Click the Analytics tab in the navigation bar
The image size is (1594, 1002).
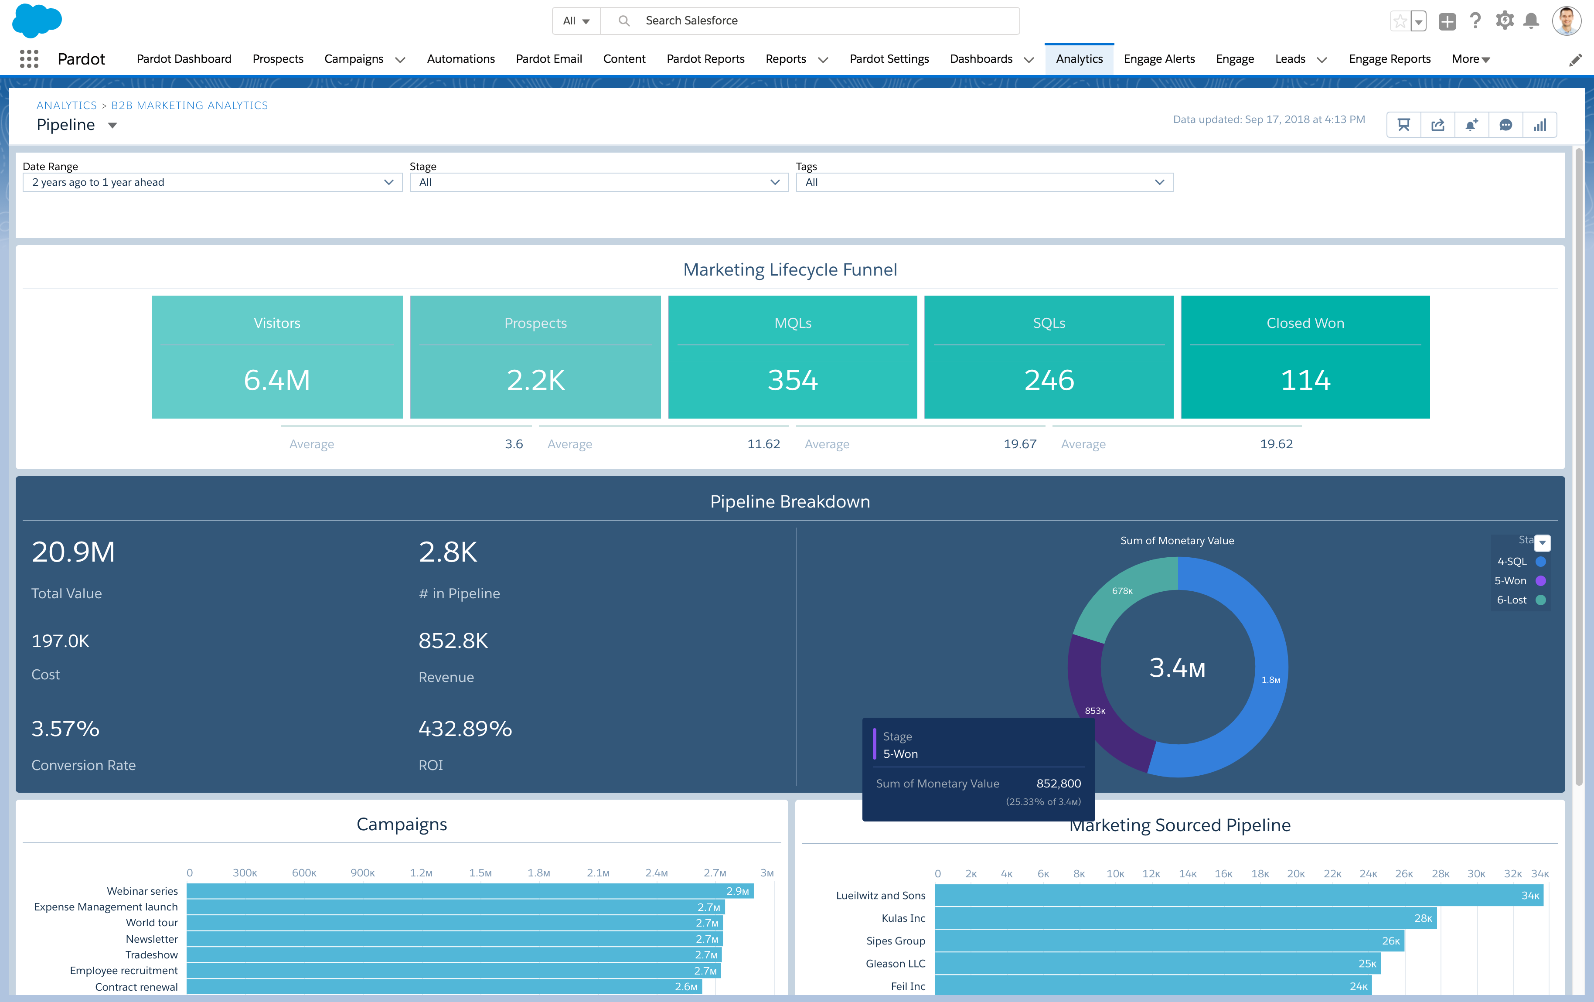pyautogui.click(x=1079, y=59)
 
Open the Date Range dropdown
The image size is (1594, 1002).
pyautogui.click(x=212, y=182)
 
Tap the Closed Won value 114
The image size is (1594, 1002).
pyautogui.click(x=1305, y=380)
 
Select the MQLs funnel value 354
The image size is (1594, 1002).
pyautogui.click(x=792, y=380)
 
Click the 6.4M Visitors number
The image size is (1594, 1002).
pyautogui.click(x=277, y=380)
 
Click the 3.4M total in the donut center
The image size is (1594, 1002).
pyautogui.click(x=1177, y=668)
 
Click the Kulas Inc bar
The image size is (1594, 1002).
pyautogui.click(x=1185, y=918)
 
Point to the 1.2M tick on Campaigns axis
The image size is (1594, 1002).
pyautogui.click(x=421, y=873)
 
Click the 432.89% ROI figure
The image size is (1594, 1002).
pyautogui.click(x=465, y=729)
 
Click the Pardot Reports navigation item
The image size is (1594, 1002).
pyautogui.click(x=705, y=59)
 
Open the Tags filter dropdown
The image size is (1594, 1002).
pyautogui.click(x=984, y=182)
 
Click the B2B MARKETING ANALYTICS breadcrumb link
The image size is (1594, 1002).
pyautogui.click(x=189, y=105)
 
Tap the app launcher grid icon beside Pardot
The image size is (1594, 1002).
pyautogui.click(x=29, y=59)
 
